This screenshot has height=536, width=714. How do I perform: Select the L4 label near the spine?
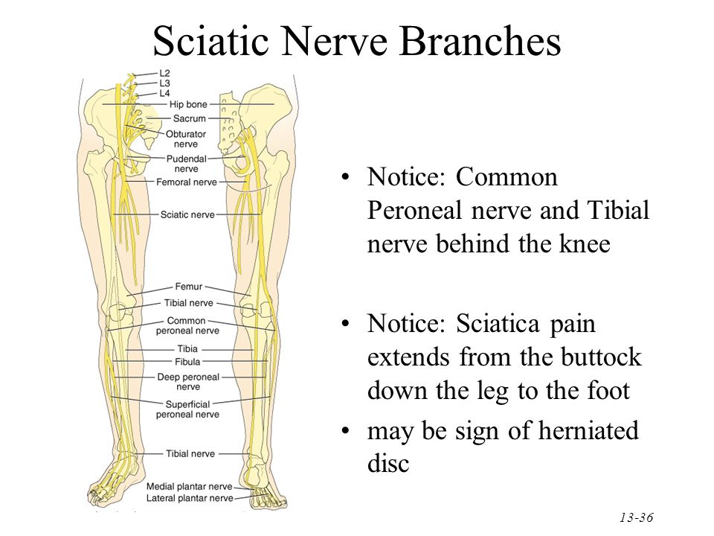pos(165,94)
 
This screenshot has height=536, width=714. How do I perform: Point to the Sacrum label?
pos(189,118)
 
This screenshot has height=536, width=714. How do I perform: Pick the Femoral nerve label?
pos(187,182)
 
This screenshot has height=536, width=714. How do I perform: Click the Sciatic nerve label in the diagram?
pos(187,214)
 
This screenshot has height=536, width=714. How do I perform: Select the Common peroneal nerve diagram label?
pos(187,325)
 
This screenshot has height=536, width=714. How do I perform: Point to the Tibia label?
pos(187,348)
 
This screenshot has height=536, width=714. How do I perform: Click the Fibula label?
pos(187,362)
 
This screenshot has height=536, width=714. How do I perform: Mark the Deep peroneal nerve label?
pos(188,382)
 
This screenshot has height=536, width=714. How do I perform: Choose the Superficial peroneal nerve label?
pos(187,409)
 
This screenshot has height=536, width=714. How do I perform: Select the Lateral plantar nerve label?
pos(190,498)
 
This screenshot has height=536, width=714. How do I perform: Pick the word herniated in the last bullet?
pos(572,431)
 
